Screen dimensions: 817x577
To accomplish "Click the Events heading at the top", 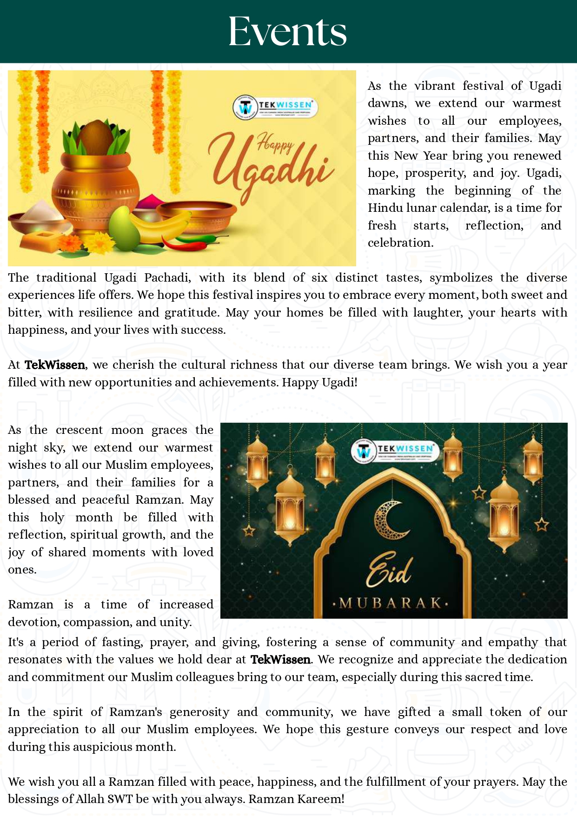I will (x=288, y=32).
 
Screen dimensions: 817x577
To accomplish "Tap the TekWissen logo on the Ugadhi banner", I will (x=273, y=107).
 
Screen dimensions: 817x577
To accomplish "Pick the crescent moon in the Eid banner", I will (x=389, y=519).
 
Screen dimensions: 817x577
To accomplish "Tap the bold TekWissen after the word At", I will (x=55, y=365).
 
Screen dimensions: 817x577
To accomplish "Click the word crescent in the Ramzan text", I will (x=79, y=430).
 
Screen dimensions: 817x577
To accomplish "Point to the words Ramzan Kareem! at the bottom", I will (x=297, y=799).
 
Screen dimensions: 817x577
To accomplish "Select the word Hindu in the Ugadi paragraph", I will (x=384, y=208).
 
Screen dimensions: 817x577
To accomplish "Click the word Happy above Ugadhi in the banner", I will (x=275, y=144).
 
